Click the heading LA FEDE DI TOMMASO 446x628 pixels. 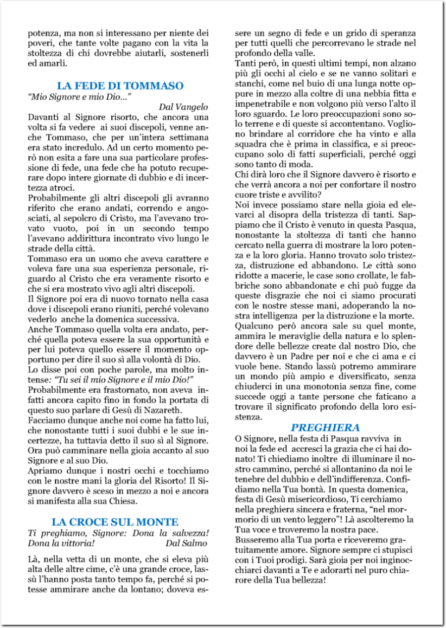tap(120, 86)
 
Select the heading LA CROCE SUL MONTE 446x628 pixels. tap(115, 522)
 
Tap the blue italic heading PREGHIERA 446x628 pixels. tap(325, 427)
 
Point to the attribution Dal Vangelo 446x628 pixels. tap(183, 107)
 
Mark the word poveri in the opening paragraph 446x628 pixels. tap(40, 43)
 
